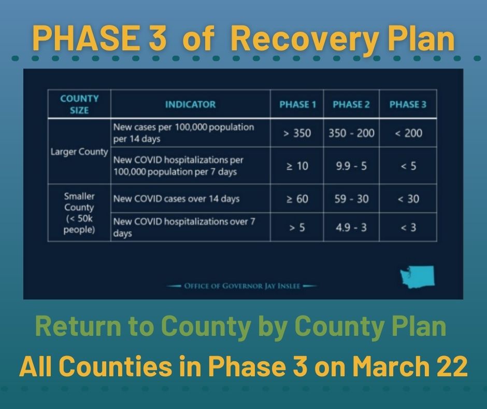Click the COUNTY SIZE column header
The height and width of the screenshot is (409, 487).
click(x=79, y=104)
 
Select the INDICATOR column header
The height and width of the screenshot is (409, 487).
click(x=190, y=104)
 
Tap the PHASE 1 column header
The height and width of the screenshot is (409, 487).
click(x=297, y=104)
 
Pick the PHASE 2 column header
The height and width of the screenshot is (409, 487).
click(x=351, y=104)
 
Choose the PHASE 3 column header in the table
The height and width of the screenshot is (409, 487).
click(x=408, y=104)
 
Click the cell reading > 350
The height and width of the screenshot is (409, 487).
click(x=297, y=133)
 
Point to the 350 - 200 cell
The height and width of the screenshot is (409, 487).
click(x=351, y=133)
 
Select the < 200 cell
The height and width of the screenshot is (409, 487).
click(x=408, y=133)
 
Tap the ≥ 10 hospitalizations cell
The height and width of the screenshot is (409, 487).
click(x=297, y=166)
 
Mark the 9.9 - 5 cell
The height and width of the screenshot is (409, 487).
click(x=351, y=166)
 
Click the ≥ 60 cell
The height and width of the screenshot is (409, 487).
click(x=297, y=199)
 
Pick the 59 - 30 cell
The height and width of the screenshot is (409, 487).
click(x=351, y=199)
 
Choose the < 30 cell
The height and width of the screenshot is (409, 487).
click(x=408, y=199)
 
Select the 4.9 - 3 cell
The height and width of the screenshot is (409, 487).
click(x=351, y=227)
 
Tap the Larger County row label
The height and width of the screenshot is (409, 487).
click(x=79, y=152)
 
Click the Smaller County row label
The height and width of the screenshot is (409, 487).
click(x=79, y=213)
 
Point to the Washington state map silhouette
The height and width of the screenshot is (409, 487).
click(x=418, y=277)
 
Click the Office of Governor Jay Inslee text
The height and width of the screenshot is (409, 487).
click(x=242, y=286)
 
